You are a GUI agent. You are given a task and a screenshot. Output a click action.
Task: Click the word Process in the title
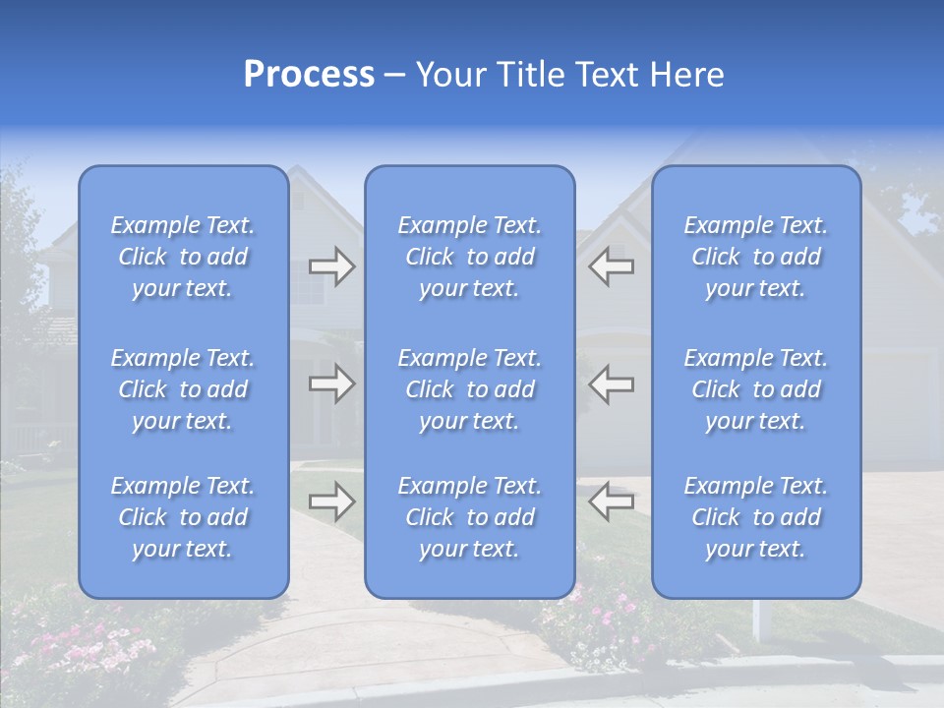(x=309, y=75)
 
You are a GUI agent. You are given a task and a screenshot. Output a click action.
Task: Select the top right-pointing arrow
(x=331, y=266)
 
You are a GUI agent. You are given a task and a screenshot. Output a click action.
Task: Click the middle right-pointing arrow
(x=331, y=383)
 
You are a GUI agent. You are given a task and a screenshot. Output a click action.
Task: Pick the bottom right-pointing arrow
(x=331, y=501)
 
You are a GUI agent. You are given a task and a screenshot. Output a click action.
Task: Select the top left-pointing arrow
(x=611, y=266)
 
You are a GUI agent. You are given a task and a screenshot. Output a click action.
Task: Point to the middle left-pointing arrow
(x=611, y=383)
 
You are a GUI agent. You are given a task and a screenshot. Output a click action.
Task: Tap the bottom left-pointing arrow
(x=611, y=501)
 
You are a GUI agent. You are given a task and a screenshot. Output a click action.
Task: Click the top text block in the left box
(x=183, y=257)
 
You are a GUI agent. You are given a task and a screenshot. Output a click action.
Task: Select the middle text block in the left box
(x=183, y=389)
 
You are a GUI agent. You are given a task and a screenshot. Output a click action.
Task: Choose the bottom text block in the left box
(x=183, y=517)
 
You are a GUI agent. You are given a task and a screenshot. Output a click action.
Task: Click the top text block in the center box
(x=469, y=257)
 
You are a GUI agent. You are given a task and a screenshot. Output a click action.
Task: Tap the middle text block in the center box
(x=469, y=389)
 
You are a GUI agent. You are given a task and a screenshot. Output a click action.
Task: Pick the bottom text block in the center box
(x=469, y=517)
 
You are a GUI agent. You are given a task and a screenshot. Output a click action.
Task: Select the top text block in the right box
(x=755, y=257)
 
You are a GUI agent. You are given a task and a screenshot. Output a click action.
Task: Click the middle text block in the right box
(x=755, y=389)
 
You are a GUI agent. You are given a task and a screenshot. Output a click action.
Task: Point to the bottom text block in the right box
(x=755, y=517)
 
